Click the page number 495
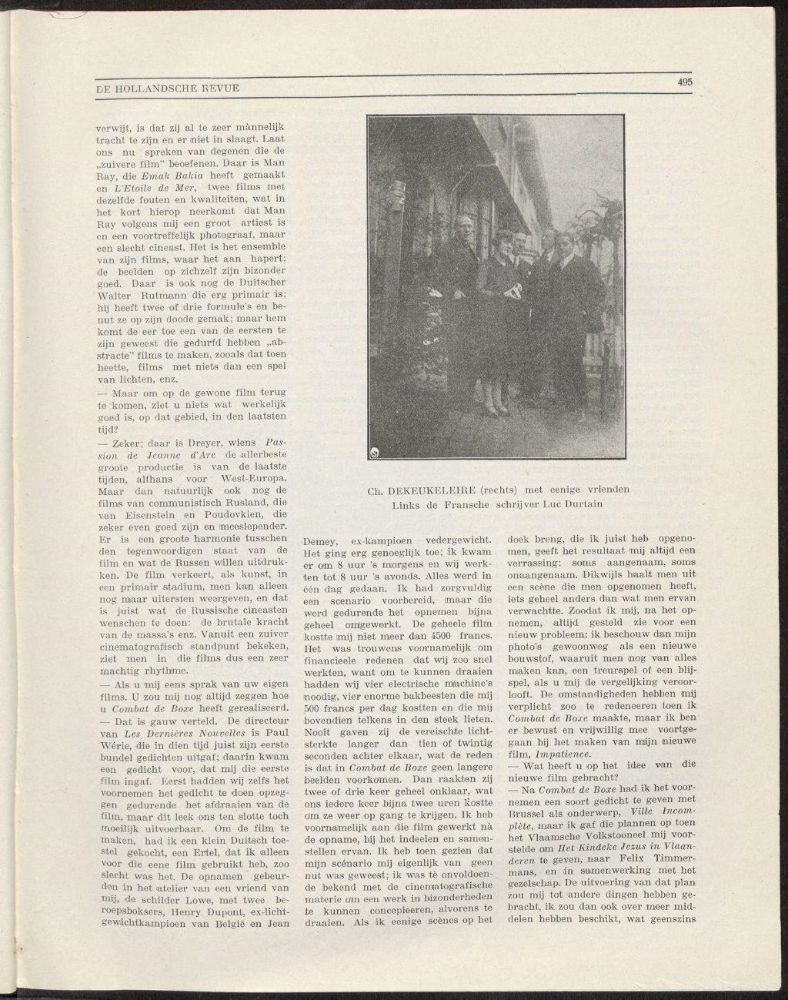(686, 82)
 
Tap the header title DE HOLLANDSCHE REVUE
(168, 89)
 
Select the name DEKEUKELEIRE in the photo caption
(434, 489)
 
